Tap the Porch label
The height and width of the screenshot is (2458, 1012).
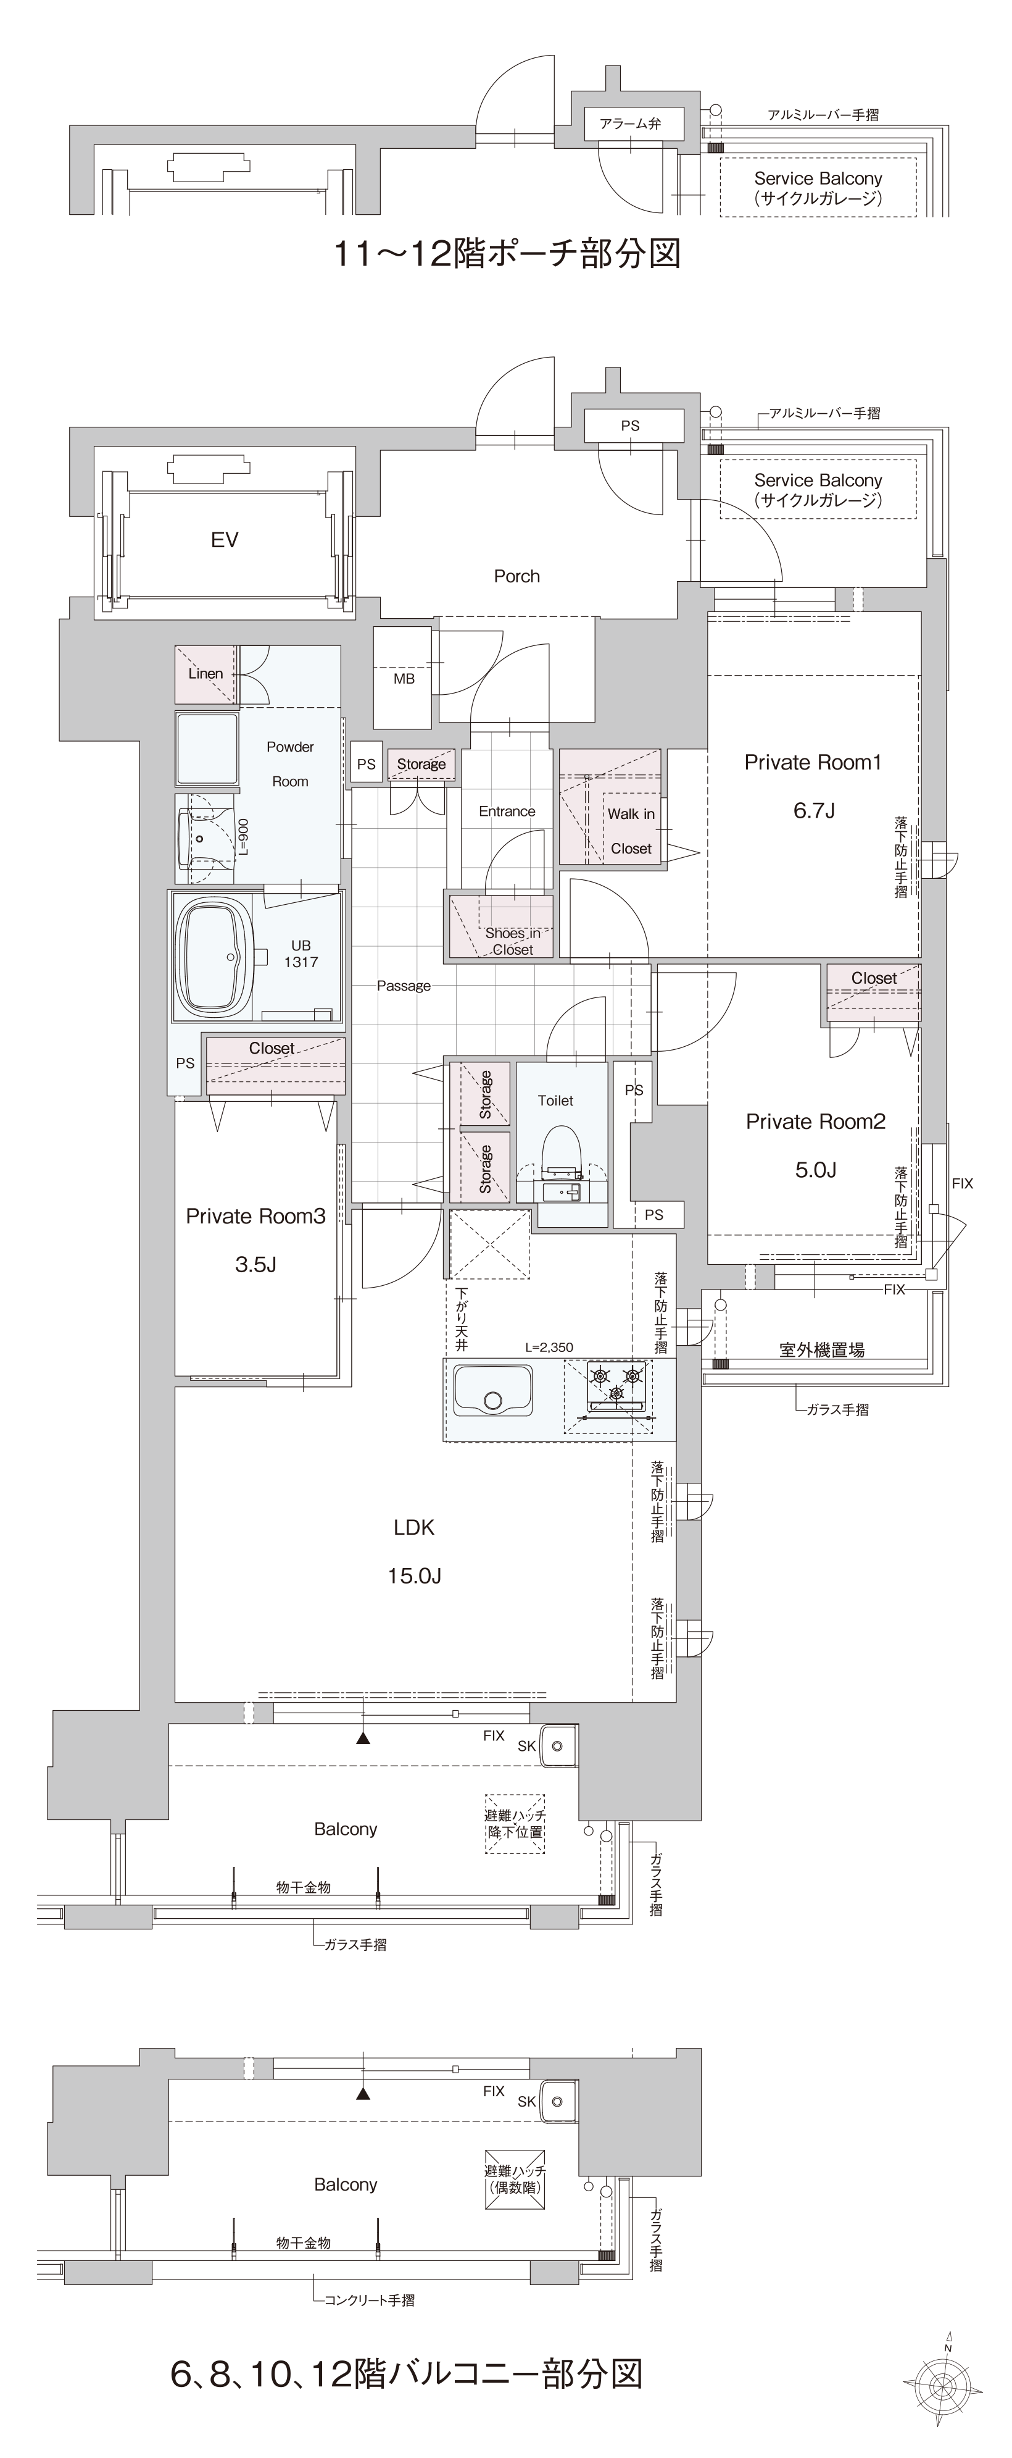coord(517,576)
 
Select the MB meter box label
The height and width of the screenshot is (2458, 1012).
coord(404,679)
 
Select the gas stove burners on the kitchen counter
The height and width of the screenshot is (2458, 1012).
coord(616,1383)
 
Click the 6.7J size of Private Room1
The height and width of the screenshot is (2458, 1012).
coord(813,811)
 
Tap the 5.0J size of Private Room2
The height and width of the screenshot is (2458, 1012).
coord(816,1170)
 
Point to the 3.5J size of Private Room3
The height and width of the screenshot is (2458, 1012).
coord(255,1265)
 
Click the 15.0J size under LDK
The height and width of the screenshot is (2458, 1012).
coord(414,1575)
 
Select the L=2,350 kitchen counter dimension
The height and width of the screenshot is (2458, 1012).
coord(549,1348)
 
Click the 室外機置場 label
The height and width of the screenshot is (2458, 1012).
coord(822,1349)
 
